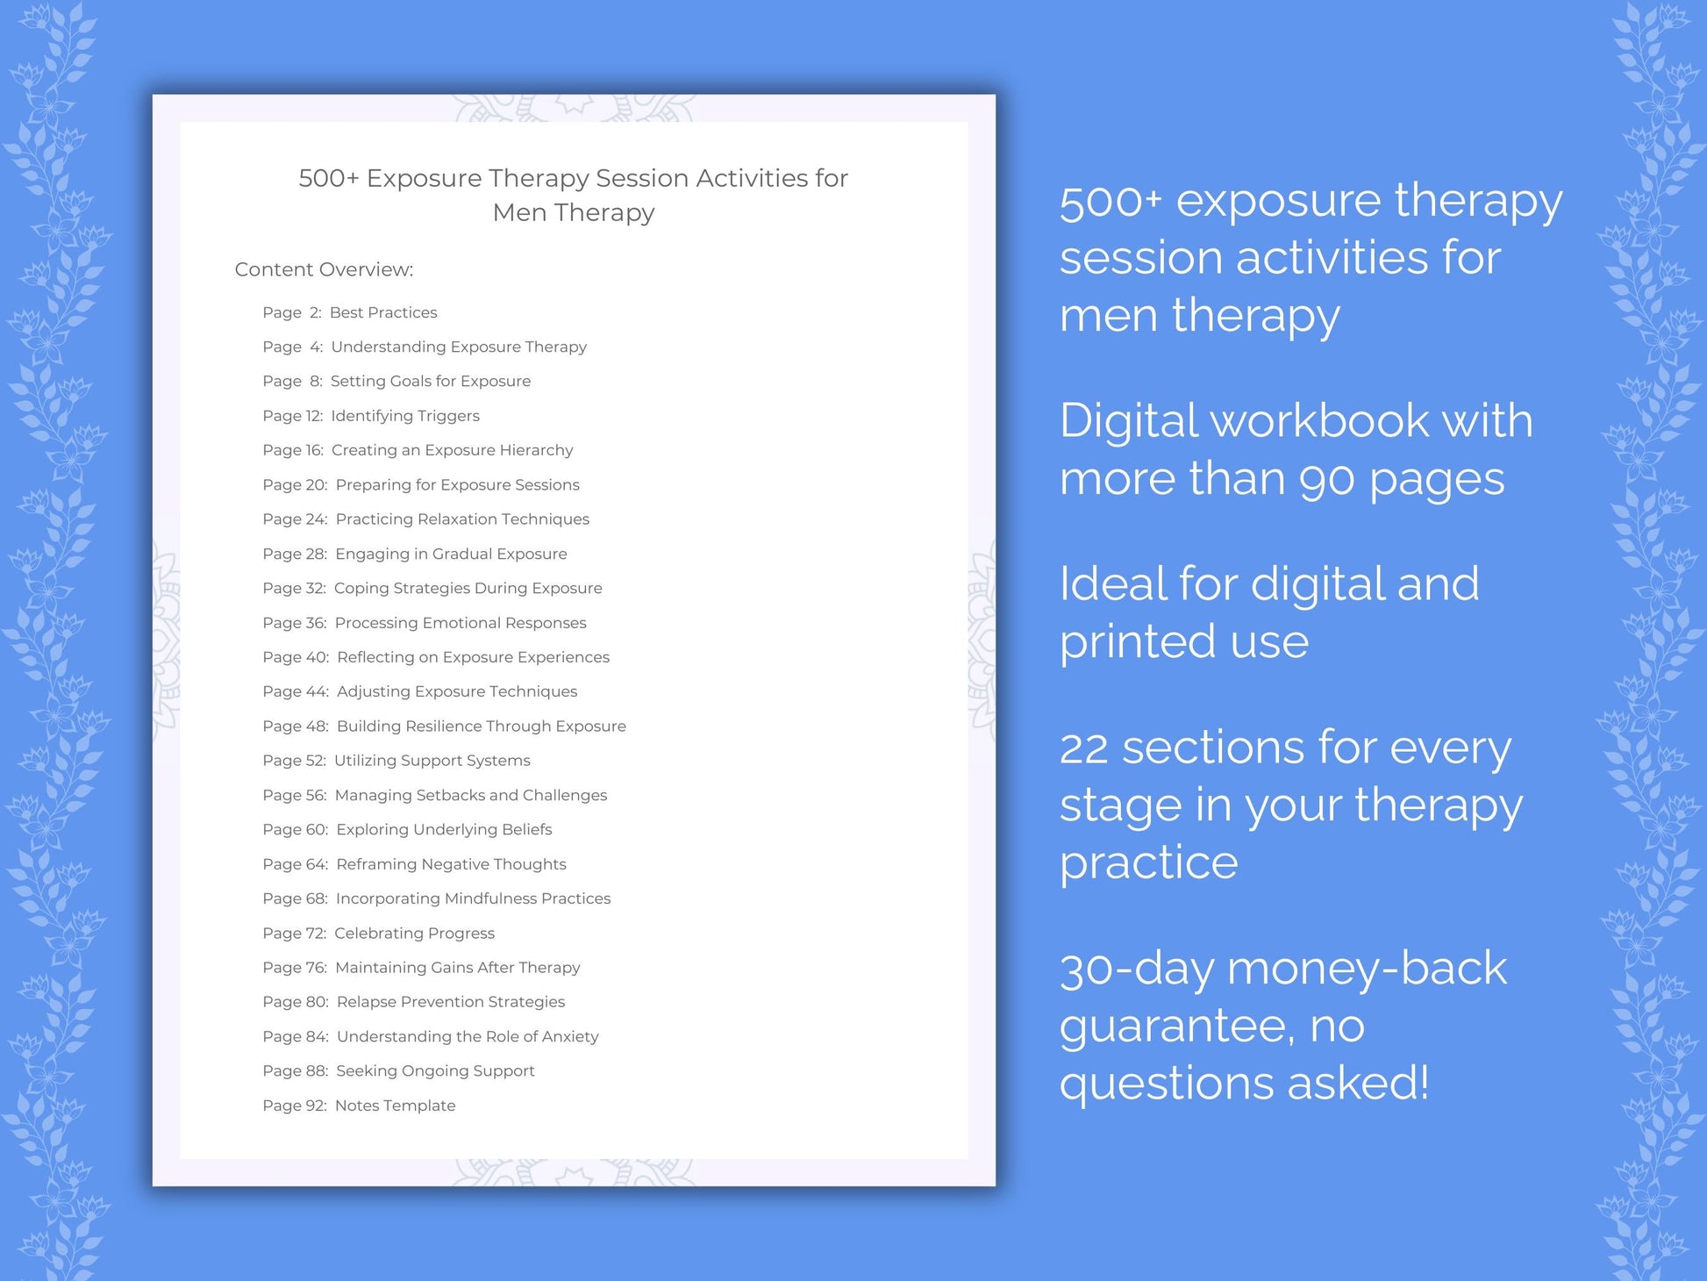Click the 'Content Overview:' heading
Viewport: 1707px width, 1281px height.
click(324, 269)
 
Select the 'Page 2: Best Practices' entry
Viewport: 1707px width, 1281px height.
click(349, 312)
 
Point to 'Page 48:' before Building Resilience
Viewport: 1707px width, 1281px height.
click(295, 726)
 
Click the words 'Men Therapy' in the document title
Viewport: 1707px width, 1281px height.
click(574, 212)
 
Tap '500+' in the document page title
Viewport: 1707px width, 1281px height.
click(329, 178)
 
